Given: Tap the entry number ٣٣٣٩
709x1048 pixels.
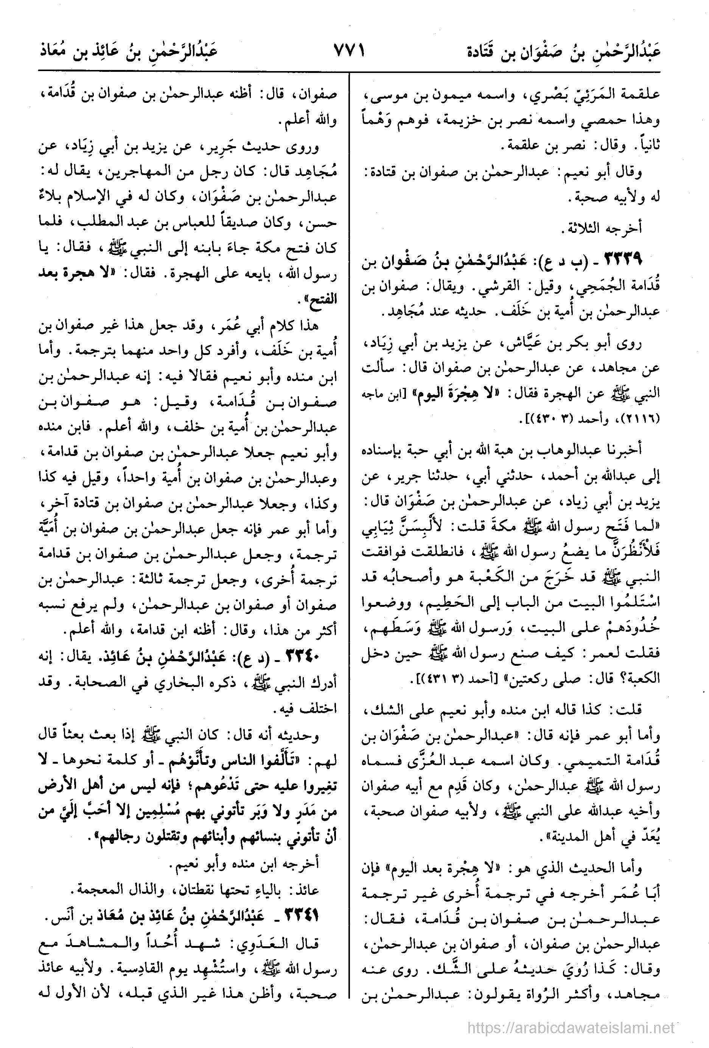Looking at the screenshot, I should tap(622, 260).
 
